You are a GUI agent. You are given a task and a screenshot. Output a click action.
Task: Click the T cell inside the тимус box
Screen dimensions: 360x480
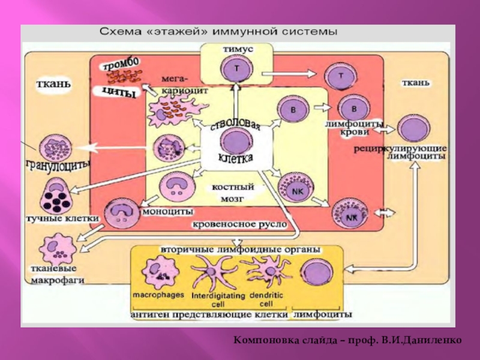coord(236,69)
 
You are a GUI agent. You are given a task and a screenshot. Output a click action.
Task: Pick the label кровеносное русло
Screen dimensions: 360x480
coord(239,224)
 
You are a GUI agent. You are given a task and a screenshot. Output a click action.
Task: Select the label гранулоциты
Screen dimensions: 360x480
coord(58,164)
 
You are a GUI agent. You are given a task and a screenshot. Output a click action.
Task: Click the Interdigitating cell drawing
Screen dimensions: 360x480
coord(214,273)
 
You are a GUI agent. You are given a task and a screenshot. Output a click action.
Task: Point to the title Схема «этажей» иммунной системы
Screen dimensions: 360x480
coord(218,31)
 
